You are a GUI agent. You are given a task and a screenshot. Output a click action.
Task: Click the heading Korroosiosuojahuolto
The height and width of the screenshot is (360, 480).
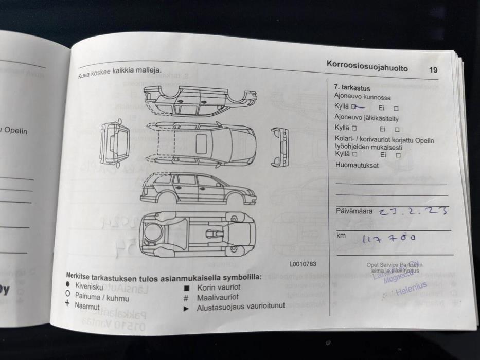point(367,66)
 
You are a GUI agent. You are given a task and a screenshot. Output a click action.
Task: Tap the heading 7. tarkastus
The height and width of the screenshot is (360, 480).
point(352,88)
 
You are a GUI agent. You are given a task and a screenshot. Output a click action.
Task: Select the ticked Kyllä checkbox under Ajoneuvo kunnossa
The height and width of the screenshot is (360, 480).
point(354,107)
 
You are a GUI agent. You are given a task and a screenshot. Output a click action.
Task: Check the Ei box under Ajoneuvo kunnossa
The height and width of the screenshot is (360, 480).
point(396,109)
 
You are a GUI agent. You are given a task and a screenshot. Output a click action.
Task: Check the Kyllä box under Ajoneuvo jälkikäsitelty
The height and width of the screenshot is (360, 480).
point(354,128)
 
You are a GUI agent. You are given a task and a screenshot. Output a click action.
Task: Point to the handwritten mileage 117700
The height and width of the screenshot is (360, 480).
point(389,238)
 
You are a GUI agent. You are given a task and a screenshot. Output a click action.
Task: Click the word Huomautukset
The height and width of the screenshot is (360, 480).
point(357,166)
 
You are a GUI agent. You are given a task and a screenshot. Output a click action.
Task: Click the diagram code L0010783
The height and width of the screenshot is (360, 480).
point(303,264)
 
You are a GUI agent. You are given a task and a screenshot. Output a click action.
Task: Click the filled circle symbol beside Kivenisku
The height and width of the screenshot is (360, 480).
point(68,284)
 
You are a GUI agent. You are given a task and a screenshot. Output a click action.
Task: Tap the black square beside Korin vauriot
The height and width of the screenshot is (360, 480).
point(187,289)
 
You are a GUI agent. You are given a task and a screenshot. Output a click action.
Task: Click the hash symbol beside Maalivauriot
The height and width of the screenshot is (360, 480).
point(186,298)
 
